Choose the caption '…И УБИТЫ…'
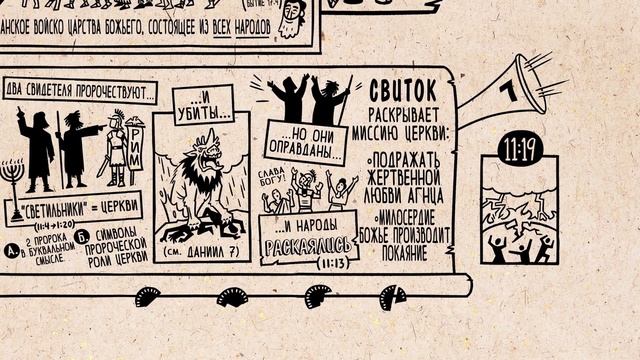[204, 100]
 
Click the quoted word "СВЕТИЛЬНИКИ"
[46, 212]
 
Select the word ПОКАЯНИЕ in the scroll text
[402, 254]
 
